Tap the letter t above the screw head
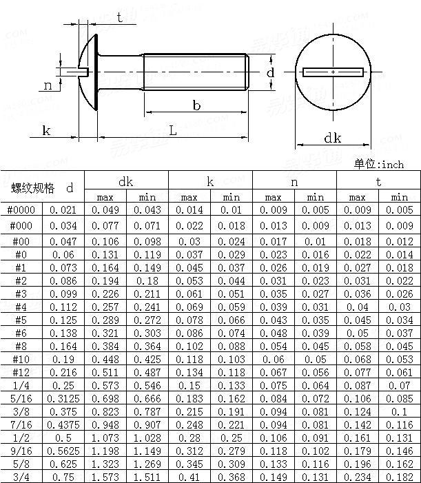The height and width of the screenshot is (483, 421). [120, 19]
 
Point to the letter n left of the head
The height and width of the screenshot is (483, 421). [48, 85]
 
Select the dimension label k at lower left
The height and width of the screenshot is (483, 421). [47, 130]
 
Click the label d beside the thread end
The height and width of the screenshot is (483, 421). [271, 72]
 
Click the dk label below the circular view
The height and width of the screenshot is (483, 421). [333, 138]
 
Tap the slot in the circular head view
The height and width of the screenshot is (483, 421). [333, 72]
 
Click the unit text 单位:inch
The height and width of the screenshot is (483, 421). [379, 165]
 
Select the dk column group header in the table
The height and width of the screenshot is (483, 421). [126, 181]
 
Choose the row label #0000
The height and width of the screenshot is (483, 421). [21, 210]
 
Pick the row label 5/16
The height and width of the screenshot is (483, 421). [21, 400]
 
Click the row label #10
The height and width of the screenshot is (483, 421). [21, 360]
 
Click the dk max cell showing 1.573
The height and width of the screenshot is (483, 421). [105, 477]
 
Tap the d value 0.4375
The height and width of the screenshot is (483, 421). [63, 425]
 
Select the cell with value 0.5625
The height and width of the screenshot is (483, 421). [63, 451]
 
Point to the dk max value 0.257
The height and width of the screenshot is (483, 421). [105, 307]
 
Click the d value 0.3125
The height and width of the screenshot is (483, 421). [63, 400]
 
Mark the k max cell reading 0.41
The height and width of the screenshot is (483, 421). [189, 477]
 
